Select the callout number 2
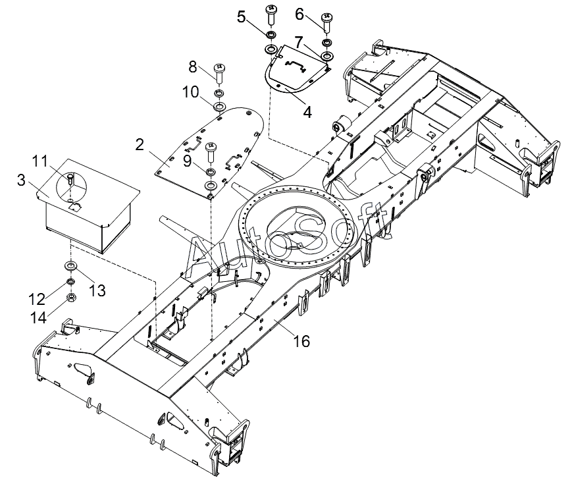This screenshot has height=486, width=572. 140,145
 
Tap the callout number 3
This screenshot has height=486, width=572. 22,180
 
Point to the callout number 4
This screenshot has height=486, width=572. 307,112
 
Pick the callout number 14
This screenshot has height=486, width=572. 38,318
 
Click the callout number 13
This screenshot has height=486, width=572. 97,290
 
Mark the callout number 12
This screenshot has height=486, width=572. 37,299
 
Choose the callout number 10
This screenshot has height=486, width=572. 191,92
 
